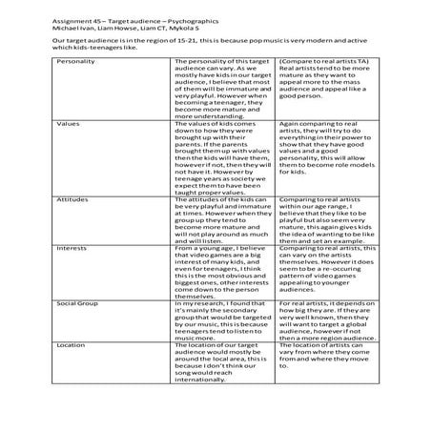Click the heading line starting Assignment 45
coord(131,8)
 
